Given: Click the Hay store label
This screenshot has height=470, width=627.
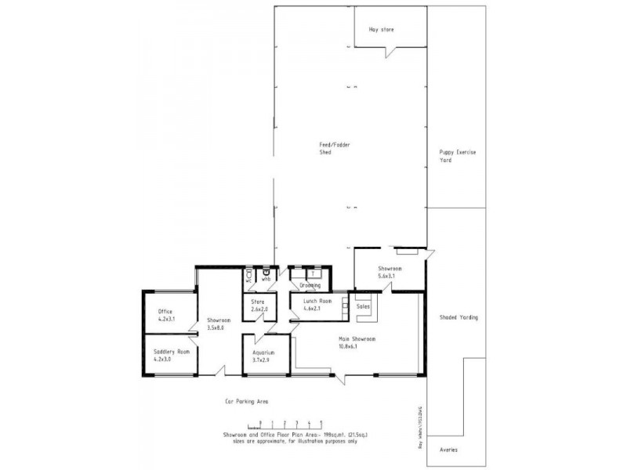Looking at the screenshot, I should point(381,30).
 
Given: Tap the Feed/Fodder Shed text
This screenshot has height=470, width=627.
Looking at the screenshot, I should point(321,150).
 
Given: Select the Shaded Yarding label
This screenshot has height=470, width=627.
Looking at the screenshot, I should point(458,317).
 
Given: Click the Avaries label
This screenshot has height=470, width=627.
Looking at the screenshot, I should point(449,450).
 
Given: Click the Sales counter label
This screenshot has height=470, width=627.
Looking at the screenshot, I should point(363,307).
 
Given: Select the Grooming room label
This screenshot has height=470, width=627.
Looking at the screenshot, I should point(310,286).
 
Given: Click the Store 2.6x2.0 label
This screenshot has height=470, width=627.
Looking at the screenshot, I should point(259,305).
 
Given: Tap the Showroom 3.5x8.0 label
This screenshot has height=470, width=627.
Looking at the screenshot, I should point(217,324).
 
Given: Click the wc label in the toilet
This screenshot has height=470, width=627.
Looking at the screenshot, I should point(249,279).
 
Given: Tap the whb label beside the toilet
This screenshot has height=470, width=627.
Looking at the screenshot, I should point(266,279).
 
